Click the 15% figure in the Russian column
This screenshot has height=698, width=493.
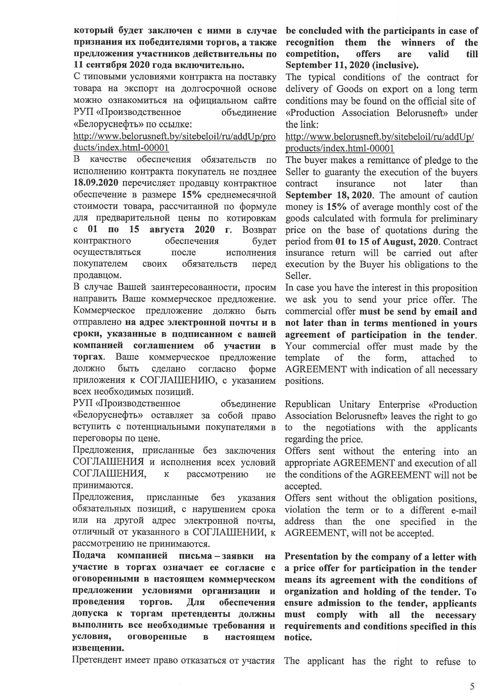tap(191, 194)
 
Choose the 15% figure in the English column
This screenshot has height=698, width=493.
tap(336, 207)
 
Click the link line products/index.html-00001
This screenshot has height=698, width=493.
tap(339, 148)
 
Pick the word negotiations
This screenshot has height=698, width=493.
tap(350, 428)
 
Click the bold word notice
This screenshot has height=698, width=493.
tap(298, 637)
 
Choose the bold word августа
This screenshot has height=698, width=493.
tap(167, 229)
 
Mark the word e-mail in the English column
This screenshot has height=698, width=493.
tap(464, 510)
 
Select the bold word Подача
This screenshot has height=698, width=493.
tap(89, 555)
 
